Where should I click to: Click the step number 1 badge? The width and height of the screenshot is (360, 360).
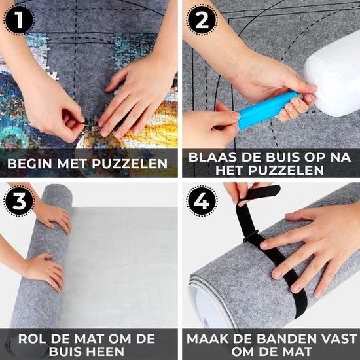tap(19, 20)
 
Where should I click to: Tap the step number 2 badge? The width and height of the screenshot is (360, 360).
tap(202, 20)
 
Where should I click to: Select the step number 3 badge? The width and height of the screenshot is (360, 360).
tap(19, 201)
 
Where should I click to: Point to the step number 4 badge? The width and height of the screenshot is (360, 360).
tap(202, 201)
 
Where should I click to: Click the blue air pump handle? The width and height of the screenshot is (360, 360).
tap(268, 110)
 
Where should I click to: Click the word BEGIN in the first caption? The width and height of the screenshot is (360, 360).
tap(29, 164)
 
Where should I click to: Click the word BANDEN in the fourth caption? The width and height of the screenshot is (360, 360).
tap(285, 338)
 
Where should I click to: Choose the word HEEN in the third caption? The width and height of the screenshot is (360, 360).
tap(105, 351)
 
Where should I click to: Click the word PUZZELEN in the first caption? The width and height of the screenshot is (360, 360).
tap(130, 164)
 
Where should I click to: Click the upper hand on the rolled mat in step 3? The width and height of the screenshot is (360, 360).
tap(53, 216)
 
